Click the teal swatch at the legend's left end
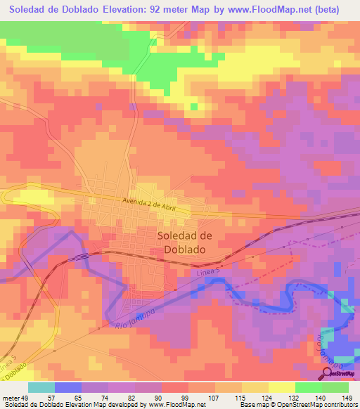pos(41,387)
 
